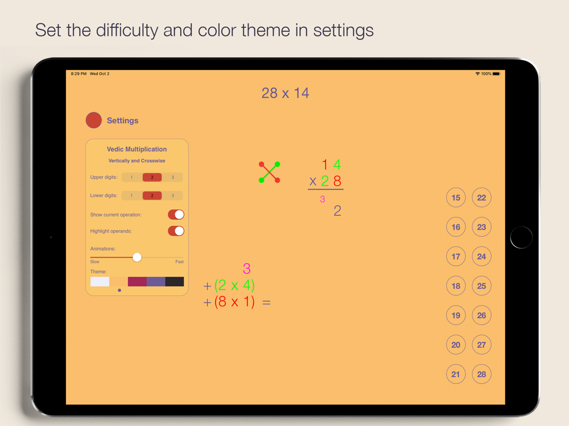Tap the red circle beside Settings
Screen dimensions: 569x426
point(94,120)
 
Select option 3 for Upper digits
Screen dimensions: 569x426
point(173,177)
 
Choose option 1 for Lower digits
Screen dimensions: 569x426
point(132,195)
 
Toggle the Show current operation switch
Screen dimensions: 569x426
point(176,215)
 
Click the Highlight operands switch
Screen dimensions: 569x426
point(176,231)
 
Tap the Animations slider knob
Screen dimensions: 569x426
point(137,257)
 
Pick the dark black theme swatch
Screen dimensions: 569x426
point(175,282)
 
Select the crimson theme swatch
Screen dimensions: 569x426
point(137,282)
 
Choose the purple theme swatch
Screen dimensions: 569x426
point(156,282)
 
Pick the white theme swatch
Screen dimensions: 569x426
point(100,282)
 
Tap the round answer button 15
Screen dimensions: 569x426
point(456,198)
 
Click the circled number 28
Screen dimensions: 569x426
point(481,374)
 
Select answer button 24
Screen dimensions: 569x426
point(481,257)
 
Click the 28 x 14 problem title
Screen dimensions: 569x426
point(285,93)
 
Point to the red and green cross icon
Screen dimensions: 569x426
point(269,172)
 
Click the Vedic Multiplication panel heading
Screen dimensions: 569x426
point(137,149)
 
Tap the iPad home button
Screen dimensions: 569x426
point(521,237)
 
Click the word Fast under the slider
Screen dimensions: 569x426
point(179,261)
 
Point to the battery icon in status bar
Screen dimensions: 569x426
point(496,73)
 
